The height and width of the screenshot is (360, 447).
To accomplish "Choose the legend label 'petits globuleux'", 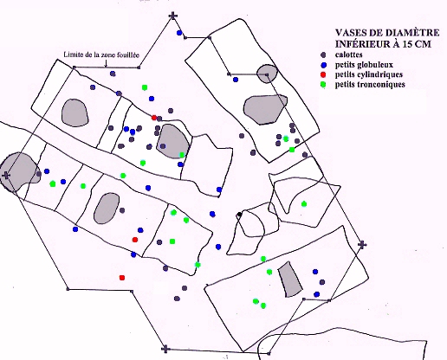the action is click(364, 65).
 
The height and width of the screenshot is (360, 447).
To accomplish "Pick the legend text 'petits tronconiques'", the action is click(370, 84).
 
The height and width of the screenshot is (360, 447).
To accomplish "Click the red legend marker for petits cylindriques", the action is click(323, 74).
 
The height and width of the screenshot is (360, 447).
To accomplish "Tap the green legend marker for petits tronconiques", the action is click(323, 85).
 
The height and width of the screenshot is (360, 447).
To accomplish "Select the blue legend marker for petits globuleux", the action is click(323, 64).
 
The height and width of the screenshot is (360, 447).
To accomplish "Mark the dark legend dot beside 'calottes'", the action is click(323, 55).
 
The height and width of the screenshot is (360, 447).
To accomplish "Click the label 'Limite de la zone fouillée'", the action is click(101, 55).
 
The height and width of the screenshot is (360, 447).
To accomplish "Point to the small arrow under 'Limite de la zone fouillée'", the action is click(106, 63).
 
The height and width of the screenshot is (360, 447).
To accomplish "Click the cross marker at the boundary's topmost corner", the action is click(172, 16).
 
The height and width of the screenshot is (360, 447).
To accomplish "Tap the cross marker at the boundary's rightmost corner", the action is click(362, 245).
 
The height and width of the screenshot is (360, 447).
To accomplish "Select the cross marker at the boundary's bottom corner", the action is click(165, 349).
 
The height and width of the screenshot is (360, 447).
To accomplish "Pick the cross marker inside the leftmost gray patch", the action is click(5, 175).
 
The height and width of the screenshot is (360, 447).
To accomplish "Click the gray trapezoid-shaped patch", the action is click(290, 280).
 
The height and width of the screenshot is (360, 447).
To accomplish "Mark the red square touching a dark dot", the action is click(154, 118).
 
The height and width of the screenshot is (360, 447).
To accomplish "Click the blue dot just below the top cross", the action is click(179, 33).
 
